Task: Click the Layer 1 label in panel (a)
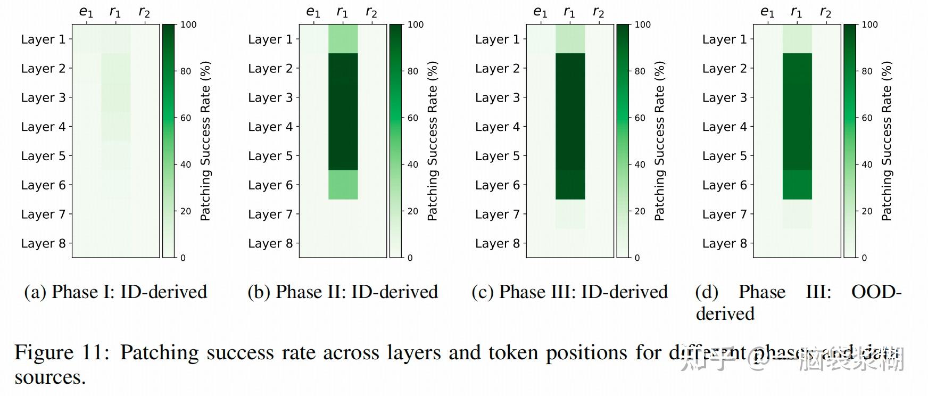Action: (43, 39)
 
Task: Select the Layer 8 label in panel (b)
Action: (270, 243)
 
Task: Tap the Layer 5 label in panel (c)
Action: (498, 156)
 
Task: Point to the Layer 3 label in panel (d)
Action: (725, 97)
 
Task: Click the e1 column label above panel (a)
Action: (86, 12)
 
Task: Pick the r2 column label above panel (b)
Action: (371, 12)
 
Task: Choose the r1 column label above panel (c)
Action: (569, 12)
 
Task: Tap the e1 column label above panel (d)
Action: (767, 12)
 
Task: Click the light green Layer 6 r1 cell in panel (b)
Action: (343, 185)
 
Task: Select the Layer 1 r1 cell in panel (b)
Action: (343, 39)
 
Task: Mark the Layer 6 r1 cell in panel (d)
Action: (797, 185)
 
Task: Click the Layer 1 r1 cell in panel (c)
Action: (570, 39)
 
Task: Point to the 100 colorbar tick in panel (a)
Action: (188, 24)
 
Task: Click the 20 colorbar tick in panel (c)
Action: (640, 211)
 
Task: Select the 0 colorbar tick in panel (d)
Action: (864, 258)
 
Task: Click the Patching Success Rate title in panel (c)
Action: (659, 141)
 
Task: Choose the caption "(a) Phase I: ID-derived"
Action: (115, 292)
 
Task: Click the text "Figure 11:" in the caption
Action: (61, 352)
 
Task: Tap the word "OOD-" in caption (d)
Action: (876, 292)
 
